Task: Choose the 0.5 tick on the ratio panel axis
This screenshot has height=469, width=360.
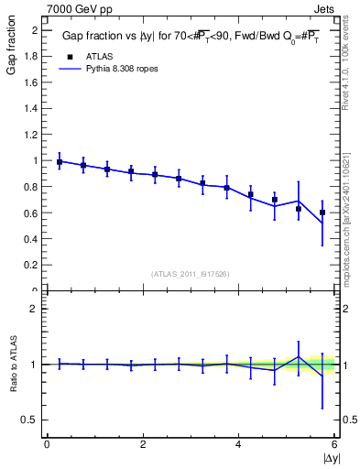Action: pos(30,420)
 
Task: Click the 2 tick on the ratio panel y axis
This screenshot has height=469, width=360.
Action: pos(35,309)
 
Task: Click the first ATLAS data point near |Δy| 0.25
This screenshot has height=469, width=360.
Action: pos(60,162)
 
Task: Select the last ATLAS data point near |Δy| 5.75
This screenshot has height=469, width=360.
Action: pos(322,213)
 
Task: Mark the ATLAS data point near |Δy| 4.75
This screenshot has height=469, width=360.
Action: pos(275,200)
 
